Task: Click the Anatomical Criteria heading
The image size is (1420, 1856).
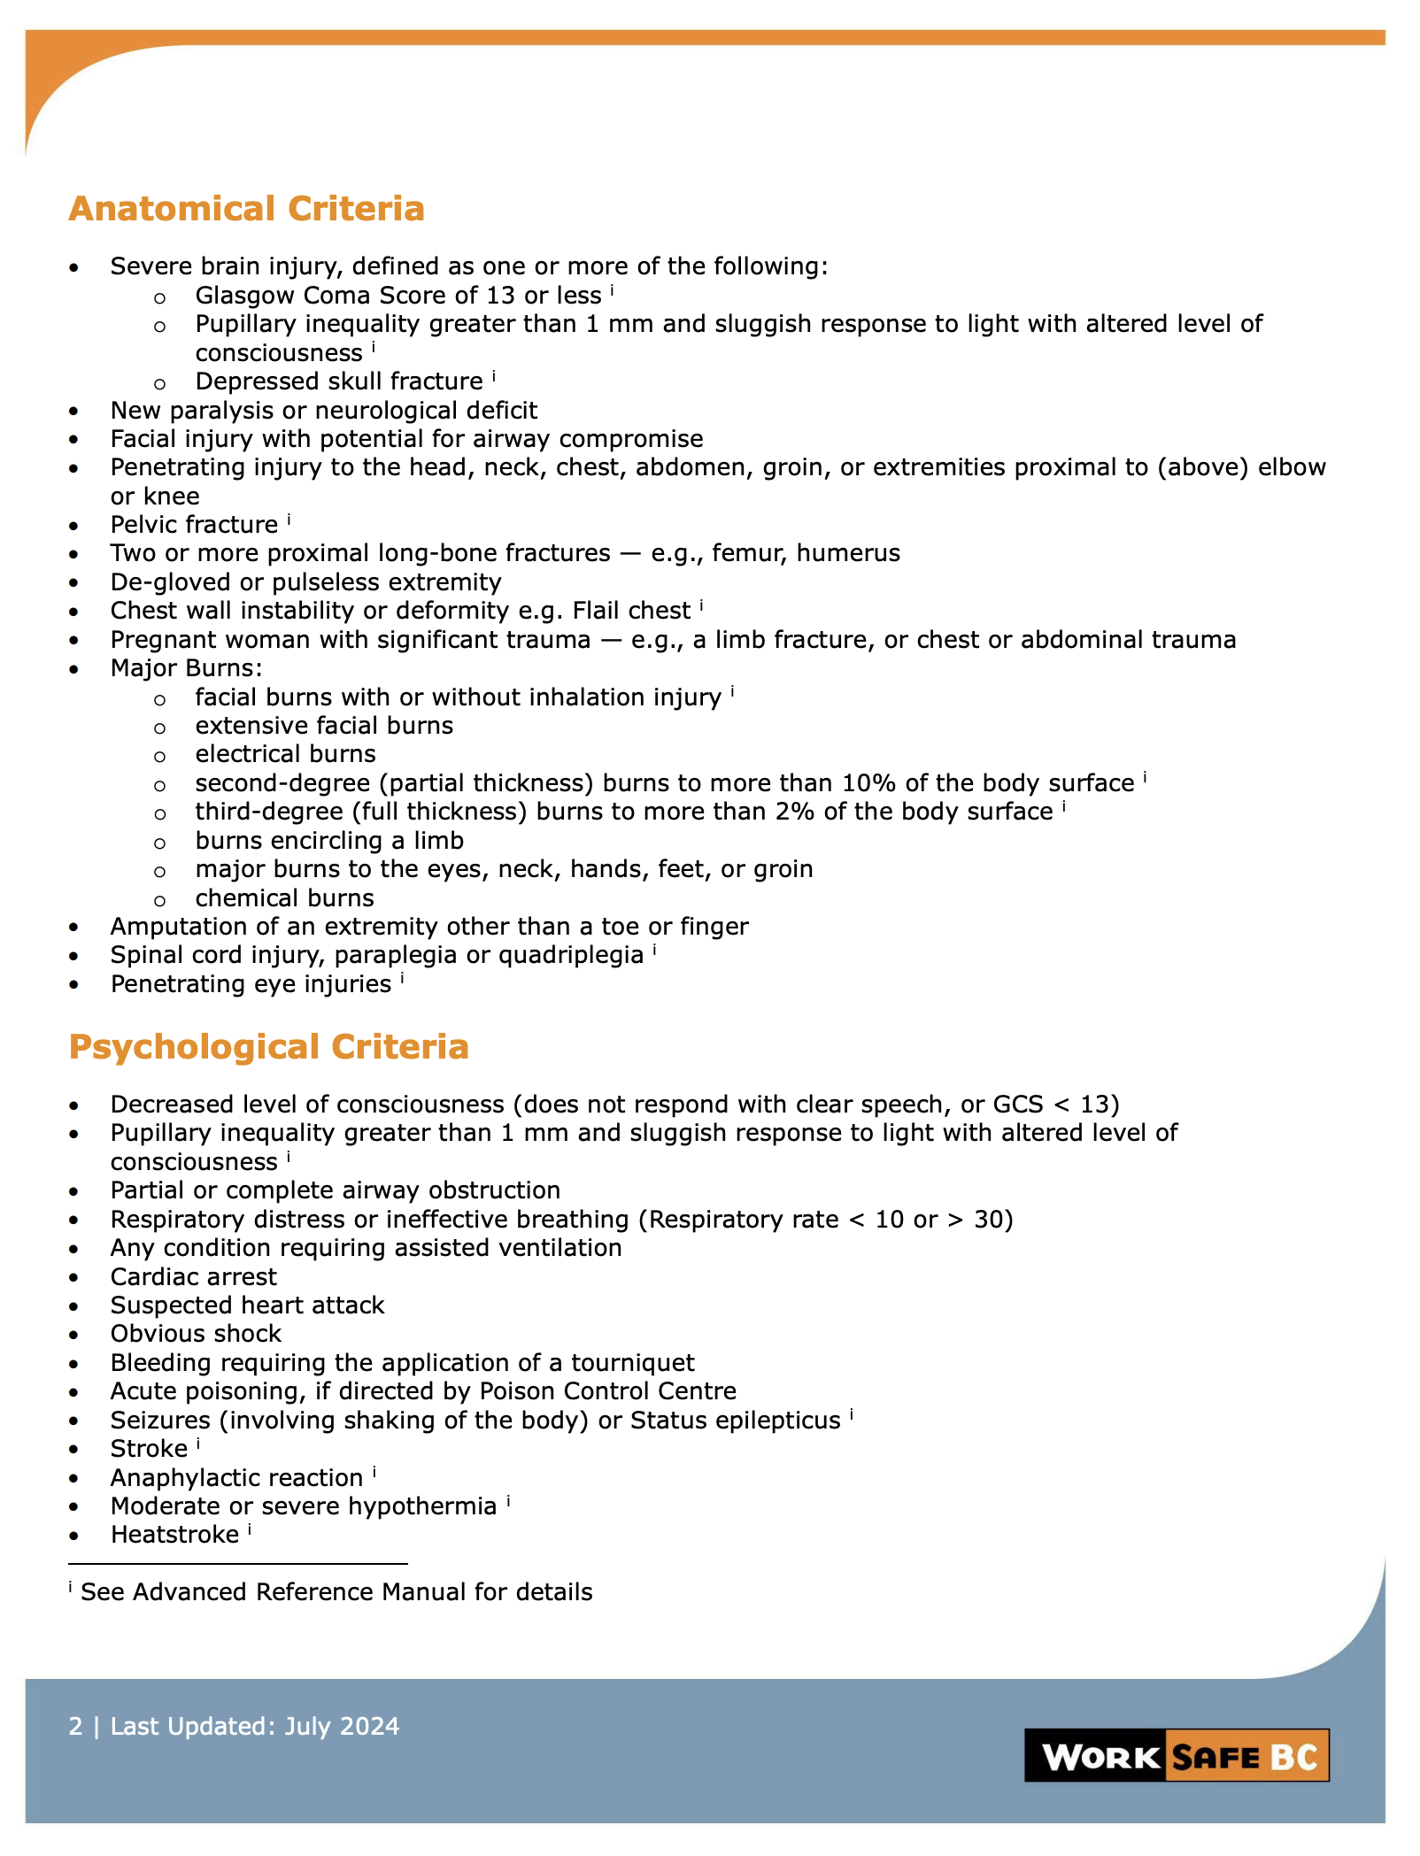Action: [246, 209]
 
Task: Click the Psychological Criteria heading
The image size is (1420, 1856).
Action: [268, 1046]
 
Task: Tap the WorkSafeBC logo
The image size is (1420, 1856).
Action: [1177, 1756]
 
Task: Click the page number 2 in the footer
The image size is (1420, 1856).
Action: [75, 1726]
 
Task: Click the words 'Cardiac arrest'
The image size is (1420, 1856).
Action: [193, 1276]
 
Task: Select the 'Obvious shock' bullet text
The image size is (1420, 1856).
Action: [196, 1333]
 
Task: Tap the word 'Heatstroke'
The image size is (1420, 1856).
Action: [174, 1534]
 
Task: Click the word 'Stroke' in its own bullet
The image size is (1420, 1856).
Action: [149, 1448]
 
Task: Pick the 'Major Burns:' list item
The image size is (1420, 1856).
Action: [186, 667]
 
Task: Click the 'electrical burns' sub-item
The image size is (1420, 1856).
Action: [285, 753]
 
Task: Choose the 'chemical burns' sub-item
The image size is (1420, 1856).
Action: [284, 897]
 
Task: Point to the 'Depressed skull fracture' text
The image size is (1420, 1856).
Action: [339, 381]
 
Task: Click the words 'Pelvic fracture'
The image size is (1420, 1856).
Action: [194, 524]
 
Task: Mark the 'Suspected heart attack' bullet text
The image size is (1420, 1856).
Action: [247, 1305]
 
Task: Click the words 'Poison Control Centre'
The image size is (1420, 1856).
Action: [607, 1390]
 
